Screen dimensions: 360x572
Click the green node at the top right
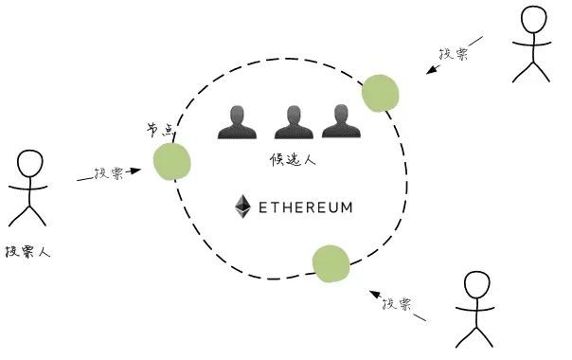pos(380,93)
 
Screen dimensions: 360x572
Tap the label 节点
pos(160,130)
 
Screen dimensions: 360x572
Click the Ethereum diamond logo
pos(242,206)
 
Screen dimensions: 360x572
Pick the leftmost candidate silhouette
pos(236,122)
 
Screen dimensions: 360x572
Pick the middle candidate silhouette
pos(292,122)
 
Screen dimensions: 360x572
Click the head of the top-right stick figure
pos(532,21)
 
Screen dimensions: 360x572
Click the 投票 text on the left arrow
pos(108,174)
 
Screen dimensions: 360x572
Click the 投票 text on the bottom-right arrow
pos(396,305)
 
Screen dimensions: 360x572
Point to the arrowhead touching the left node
pos(135,171)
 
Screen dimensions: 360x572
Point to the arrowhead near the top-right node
pos(431,69)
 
